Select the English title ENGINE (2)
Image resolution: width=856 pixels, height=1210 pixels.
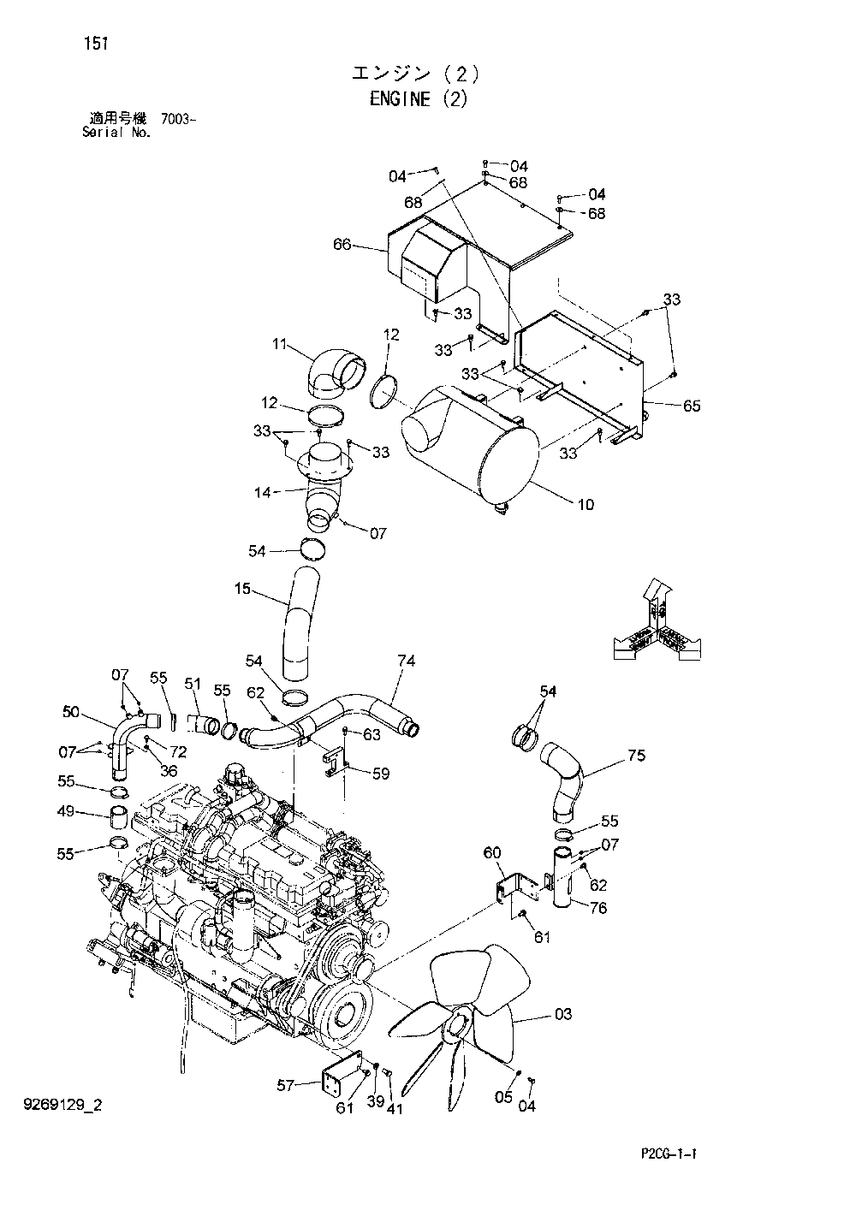pos(419,99)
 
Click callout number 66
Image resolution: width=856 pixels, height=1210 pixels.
pos(342,246)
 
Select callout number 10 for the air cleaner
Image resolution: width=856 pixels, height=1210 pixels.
pos(585,505)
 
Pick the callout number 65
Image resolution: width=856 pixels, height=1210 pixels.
pos(691,406)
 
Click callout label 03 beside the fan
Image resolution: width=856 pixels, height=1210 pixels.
pos(562,1015)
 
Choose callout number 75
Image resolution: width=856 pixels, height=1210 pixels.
pos(636,756)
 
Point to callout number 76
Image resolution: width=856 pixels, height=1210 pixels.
pos(597,907)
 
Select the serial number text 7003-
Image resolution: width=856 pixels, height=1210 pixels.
pos(179,120)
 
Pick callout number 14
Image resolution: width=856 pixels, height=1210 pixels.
pos(263,492)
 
